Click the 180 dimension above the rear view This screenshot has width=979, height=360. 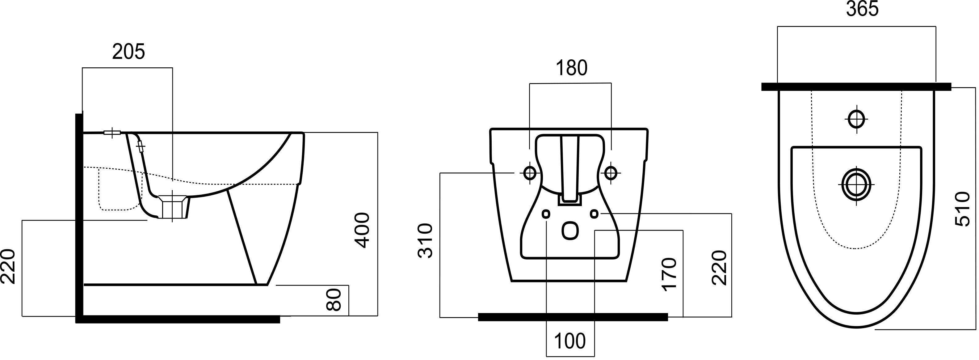(x=572, y=68)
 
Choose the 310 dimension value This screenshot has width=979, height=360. (x=426, y=241)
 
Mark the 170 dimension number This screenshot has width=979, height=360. (x=670, y=274)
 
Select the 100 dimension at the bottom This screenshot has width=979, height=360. (x=570, y=341)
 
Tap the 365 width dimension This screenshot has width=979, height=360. (x=862, y=10)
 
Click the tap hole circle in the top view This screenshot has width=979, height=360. (x=856, y=119)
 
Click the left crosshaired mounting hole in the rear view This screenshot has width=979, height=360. (x=529, y=173)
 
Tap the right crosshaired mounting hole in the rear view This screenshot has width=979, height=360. (x=611, y=173)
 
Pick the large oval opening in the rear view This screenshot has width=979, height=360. (x=570, y=231)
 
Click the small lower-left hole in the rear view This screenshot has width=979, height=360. (x=547, y=214)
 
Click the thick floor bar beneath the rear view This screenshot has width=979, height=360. (x=573, y=317)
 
